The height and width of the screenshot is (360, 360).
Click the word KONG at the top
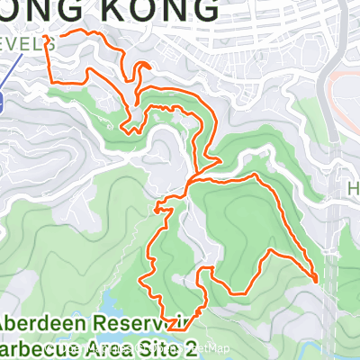(x=166, y=12)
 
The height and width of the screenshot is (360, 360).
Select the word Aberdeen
(x=40, y=322)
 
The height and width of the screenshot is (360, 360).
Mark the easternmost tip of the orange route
(x=318, y=281)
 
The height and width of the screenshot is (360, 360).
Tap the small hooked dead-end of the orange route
(x=144, y=66)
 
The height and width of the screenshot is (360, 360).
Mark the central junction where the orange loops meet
(x=190, y=184)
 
